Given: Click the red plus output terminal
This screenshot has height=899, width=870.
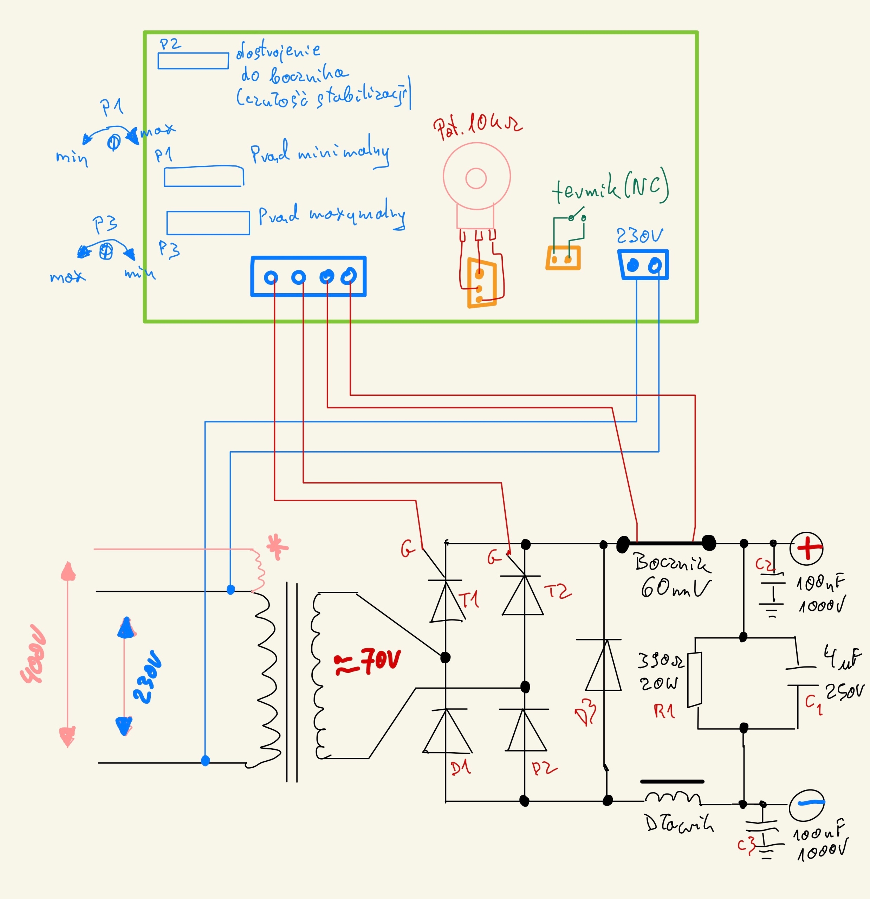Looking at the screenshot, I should [806, 549].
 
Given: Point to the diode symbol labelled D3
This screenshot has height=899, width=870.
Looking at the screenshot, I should [604, 665].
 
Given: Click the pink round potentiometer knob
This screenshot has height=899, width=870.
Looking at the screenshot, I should [477, 177].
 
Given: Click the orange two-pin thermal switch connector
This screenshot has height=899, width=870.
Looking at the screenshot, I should [563, 258].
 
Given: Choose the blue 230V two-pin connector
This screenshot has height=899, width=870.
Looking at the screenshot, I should [643, 265].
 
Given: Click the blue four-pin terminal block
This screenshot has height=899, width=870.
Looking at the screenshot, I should [309, 277].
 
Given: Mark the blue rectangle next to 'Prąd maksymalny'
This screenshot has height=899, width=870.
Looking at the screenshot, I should [208, 223].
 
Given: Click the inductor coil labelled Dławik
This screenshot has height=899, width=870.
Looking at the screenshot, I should [672, 799].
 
